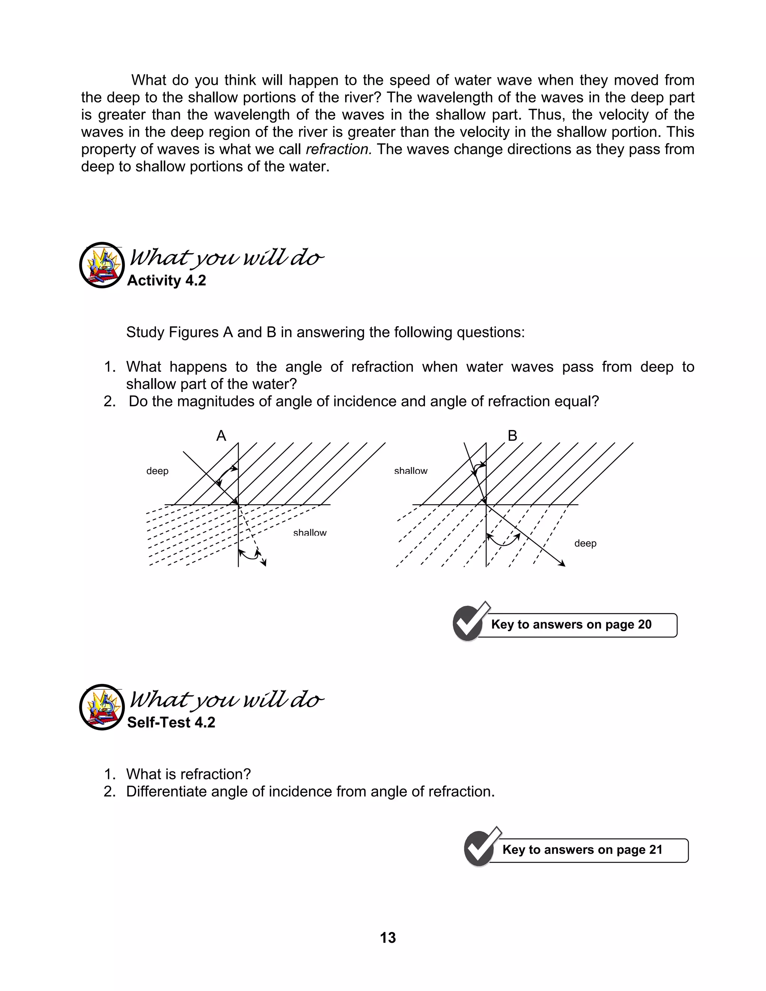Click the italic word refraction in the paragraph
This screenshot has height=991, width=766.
point(338,149)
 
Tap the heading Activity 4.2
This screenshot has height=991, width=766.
point(166,280)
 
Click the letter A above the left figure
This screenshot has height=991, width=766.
point(221,436)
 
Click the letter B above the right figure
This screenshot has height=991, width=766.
point(512,436)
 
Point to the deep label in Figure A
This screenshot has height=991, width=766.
point(157,471)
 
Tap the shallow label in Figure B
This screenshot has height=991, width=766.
point(411,471)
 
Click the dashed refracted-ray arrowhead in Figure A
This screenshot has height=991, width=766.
point(264,564)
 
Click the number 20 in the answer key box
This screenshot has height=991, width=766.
point(644,625)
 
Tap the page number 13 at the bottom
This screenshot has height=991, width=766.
point(387,938)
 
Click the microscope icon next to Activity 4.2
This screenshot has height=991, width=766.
point(102,265)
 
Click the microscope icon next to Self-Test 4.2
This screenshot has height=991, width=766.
point(102,707)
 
